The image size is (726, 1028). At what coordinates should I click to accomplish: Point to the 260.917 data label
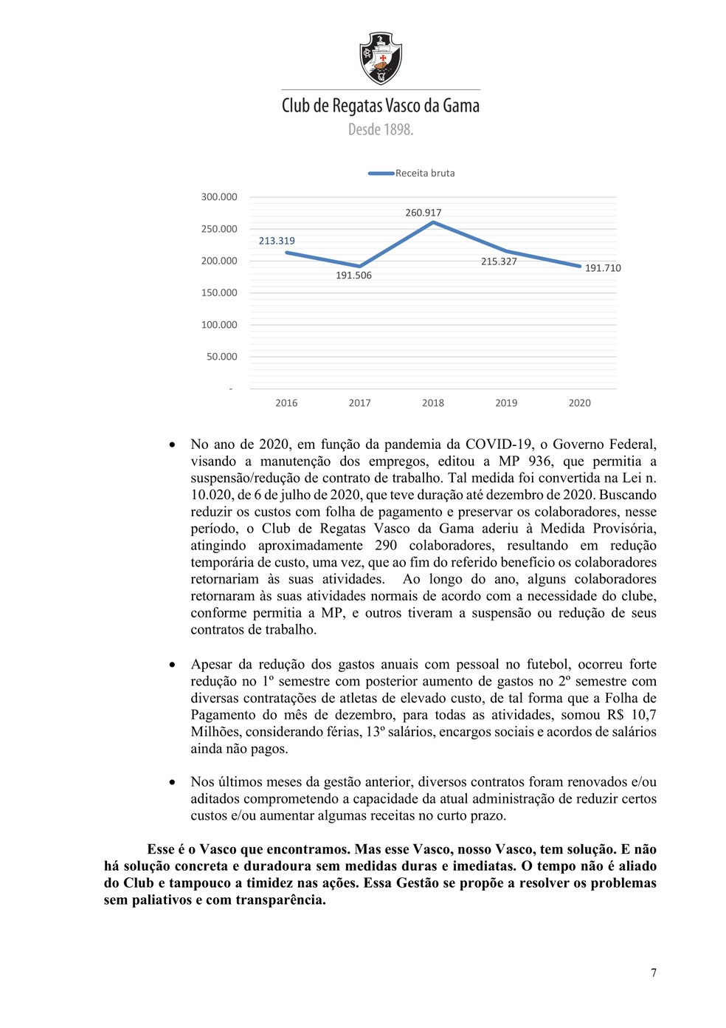[423, 213]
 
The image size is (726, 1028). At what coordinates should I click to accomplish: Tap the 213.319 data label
[277, 241]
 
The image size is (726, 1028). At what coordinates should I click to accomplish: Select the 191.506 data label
[354, 275]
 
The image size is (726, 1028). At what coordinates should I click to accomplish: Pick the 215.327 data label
[499, 261]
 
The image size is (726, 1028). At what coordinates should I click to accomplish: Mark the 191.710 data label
[603, 268]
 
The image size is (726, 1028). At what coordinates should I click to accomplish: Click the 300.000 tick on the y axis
[219, 197]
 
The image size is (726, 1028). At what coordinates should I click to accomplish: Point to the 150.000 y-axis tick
[219, 292]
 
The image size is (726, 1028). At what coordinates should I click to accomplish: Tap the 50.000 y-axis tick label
[222, 357]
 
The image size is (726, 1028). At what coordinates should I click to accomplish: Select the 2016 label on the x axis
[286, 403]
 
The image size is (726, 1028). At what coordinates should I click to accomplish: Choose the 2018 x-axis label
[433, 403]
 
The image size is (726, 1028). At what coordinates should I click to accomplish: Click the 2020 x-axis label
[579, 403]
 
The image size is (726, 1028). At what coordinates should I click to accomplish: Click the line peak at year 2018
[433, 222]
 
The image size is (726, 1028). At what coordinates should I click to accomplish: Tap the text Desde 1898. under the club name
[381, 129]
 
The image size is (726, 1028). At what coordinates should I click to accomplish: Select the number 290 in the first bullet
[386, 545]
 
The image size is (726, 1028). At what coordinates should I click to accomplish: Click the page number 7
[653, 973]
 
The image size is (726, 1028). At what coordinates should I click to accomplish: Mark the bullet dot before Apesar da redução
[172, 665]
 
